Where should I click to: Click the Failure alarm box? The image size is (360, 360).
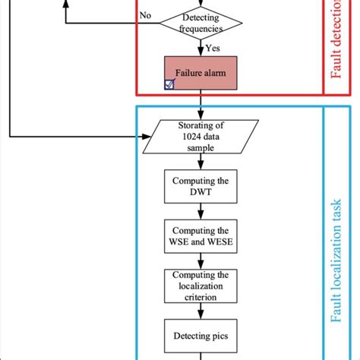201,74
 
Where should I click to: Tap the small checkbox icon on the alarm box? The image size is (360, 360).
169,86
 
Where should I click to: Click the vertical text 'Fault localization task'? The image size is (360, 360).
337,228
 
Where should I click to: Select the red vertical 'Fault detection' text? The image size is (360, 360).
337,46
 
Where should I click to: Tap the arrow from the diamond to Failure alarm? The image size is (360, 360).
201,50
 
